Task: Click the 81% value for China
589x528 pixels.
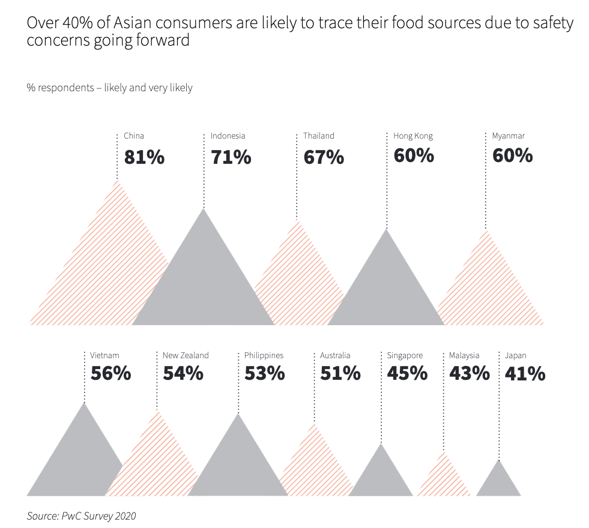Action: tap(144, 157)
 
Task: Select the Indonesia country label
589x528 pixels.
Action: tap(228, 136)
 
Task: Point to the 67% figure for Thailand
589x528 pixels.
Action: tap(324, 157)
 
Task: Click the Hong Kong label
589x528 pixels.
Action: tap(413, 136)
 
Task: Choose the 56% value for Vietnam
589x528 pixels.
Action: tap(110, 373)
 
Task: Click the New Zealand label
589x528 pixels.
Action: tap(186, 355)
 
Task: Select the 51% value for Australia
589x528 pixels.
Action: tap(340, 373)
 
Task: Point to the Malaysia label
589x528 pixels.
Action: tap(464, 355)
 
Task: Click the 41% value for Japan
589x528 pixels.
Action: tap(525, 373)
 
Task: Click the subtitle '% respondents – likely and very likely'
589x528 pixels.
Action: tap(109, 88)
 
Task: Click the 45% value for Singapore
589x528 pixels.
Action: tap(407, 373)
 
